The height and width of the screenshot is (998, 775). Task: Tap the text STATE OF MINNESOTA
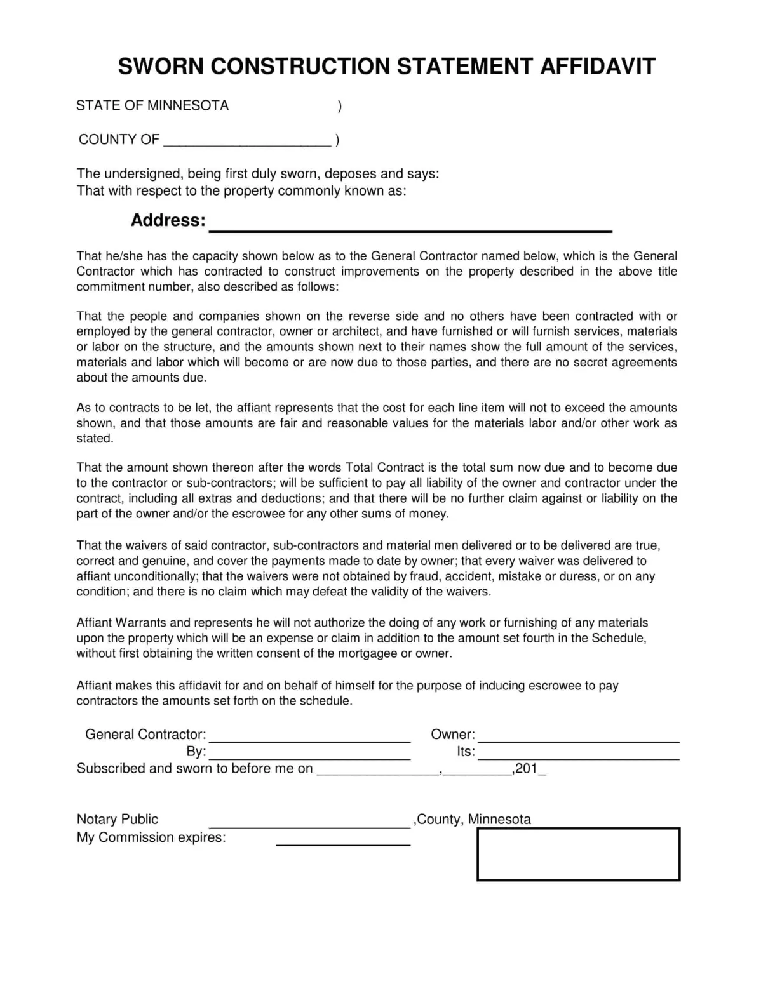(152, 105)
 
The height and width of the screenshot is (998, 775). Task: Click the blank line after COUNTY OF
(247, 143)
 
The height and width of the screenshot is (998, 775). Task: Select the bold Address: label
(168, 220)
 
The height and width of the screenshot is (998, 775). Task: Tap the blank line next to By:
(309, 757)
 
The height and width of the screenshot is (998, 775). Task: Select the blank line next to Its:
(578, 757)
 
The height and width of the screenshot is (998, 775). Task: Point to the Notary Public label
(118, 819)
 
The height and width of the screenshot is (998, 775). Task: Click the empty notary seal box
(578, 854)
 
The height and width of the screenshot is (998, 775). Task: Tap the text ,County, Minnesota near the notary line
(473, 819)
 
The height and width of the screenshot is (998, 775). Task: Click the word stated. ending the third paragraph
(95, 439)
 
